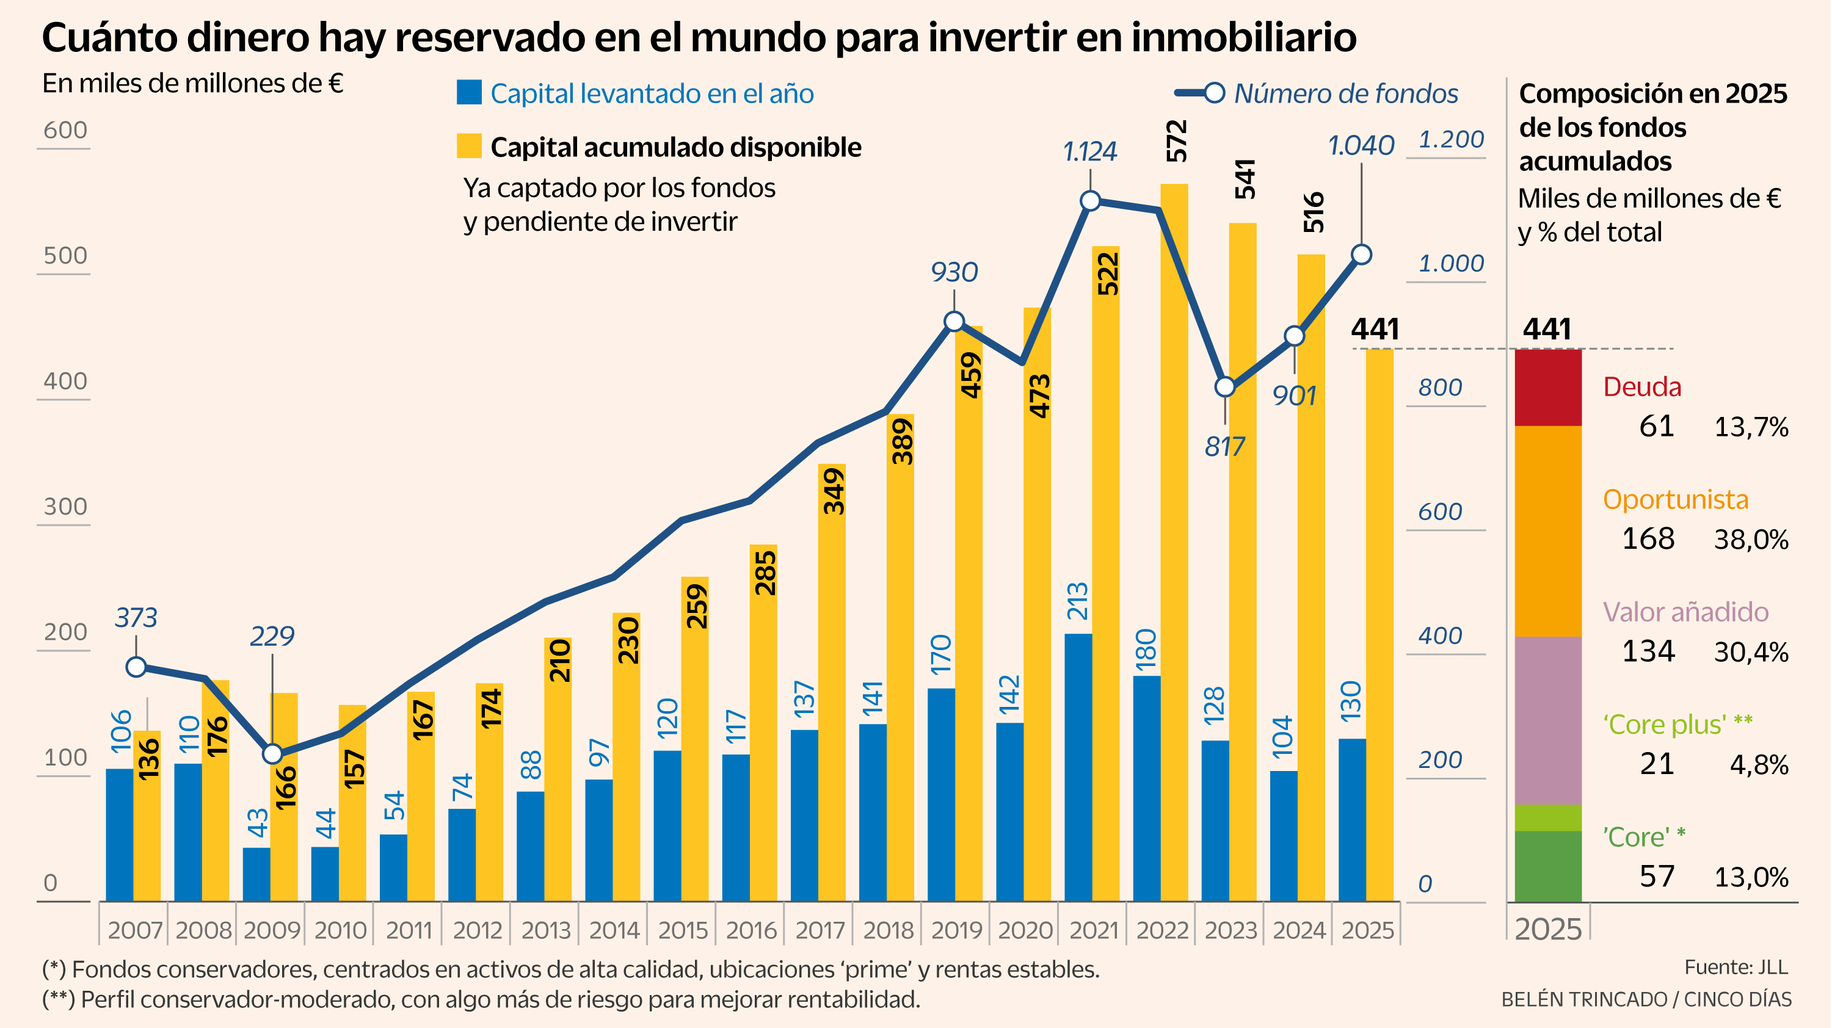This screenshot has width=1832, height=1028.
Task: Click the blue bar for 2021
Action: pos(1078,768)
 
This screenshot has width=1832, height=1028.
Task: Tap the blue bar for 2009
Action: pos(256,874)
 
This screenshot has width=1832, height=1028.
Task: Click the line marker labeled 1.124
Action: pos(1090,201)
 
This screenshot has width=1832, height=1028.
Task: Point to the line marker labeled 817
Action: pos(1224,387)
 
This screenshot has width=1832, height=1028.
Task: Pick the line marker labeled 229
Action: pos(272,753)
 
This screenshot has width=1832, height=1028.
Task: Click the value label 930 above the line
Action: pos(954,272)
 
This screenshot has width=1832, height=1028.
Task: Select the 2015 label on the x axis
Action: pos(683,930)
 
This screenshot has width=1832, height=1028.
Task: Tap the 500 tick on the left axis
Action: pos(65,256)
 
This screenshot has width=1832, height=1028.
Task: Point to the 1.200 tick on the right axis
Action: pos(1451,139)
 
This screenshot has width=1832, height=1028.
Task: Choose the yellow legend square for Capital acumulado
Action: pos(470,146)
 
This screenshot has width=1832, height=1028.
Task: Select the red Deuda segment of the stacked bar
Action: pos(1548,388)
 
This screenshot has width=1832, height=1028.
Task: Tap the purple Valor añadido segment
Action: pos(1548,720)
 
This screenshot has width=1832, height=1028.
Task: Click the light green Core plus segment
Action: pos(1548,817)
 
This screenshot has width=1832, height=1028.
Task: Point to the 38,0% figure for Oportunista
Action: pos(1750,540)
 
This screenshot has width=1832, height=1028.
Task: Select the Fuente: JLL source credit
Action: pos(1736,968)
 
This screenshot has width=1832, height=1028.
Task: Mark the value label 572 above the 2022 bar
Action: pos(1177,141)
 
